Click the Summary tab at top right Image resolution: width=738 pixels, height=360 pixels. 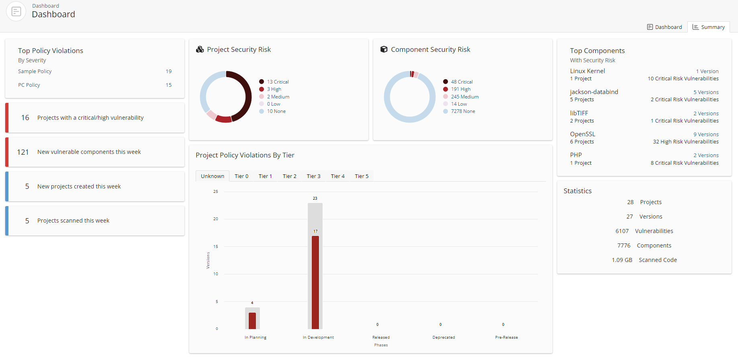tap(709, 27)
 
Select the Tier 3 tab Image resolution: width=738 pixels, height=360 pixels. tap(313, 176)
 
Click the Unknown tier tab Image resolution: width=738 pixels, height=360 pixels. tap(212, 176)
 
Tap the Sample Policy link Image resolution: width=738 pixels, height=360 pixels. tap(35, 71)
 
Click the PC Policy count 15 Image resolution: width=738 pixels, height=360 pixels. tap(169, 85)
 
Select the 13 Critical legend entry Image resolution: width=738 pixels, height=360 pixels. tap(278, 82)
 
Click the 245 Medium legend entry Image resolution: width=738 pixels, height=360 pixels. tap(464, 96)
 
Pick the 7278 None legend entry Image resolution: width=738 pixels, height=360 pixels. tap(463, 111)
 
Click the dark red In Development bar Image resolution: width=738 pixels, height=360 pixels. tap(315, 281)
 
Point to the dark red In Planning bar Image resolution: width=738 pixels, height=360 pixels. tap(252, 321)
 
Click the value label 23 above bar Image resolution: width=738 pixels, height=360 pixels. tap(315, 198)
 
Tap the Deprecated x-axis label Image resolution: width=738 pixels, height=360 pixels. tap(444, 337)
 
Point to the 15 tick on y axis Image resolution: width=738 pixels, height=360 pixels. tap(216, 246)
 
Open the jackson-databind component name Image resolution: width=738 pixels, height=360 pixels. tap(594, 92)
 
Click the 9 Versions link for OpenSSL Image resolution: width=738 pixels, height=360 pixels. tap(706, 134)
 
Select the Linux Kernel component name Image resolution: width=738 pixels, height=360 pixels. tap(587, 71)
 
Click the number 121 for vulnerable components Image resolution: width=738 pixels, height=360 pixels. tap(23, 152)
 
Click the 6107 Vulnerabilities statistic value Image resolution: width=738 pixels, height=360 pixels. tap(622, 231)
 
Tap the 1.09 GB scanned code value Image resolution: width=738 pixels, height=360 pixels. tap(622, 260)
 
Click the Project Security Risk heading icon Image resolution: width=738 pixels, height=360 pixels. tap(200, 49)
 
